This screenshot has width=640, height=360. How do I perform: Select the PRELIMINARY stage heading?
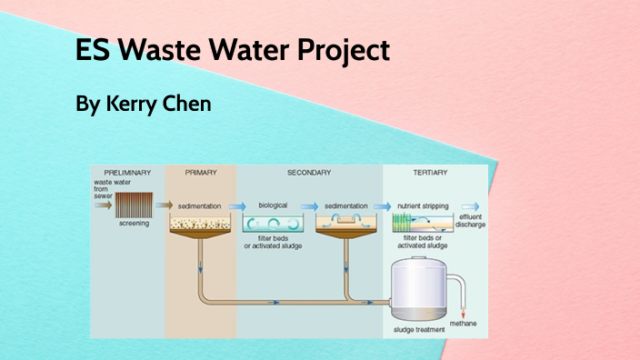127,172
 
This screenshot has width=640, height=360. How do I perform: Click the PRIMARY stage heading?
200,172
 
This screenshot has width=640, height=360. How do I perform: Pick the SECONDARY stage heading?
309,172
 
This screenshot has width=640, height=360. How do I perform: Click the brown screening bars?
134,205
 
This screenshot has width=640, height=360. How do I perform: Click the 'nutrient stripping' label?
421,205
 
